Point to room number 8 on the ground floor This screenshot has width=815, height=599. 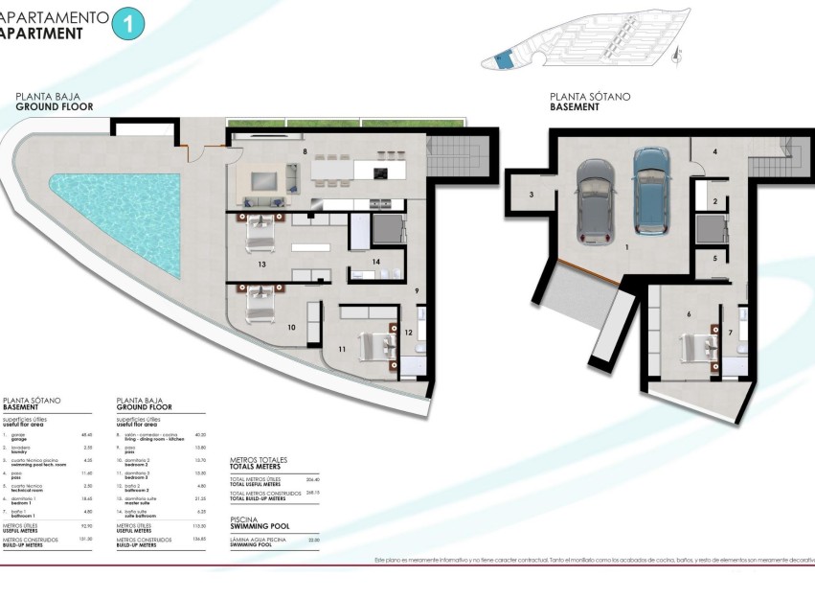(x=305, y=151)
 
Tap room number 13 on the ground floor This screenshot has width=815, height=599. (x=260, y=262)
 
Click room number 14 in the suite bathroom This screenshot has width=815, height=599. (x=376, y=262)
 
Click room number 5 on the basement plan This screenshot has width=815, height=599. (x=714, y=259)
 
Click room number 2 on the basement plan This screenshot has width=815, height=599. (x=714, y=201)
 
